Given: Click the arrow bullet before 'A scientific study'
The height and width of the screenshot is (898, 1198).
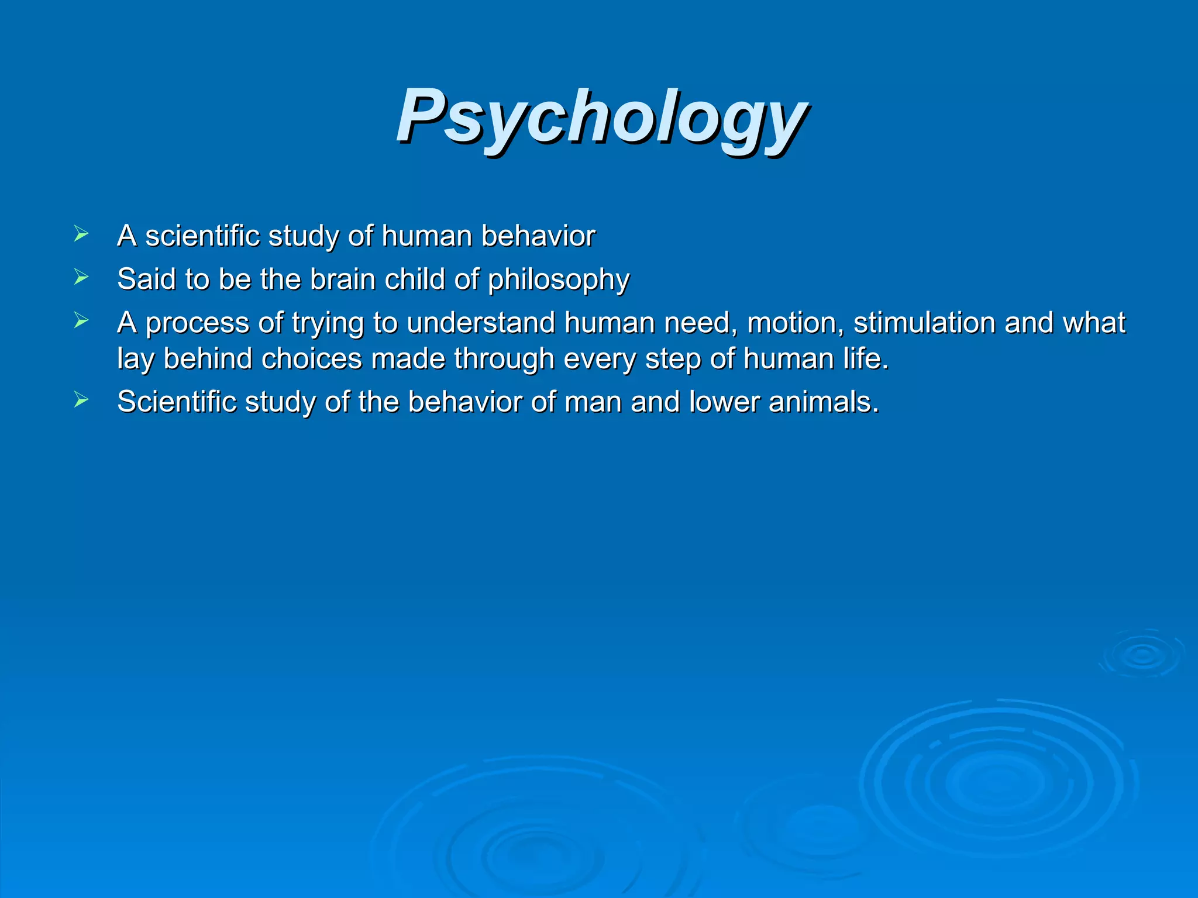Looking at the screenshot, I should point(81,234).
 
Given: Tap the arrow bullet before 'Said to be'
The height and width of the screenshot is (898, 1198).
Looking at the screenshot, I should point(81,278).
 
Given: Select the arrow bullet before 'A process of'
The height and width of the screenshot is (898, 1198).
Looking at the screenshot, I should point(81,321).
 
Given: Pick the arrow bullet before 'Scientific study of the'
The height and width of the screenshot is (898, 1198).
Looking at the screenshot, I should point(81,400).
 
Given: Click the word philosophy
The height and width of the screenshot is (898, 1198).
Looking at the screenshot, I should point(559,280).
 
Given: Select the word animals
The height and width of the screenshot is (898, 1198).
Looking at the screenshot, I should point(823,402).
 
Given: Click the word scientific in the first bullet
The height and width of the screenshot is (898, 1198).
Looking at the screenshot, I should point(202,236).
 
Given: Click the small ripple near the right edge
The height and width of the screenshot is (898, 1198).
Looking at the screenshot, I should point(1141,655).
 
